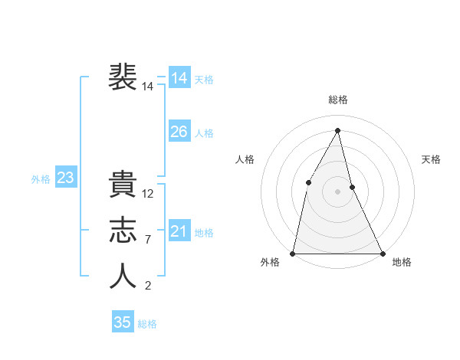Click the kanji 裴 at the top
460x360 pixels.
click(123, 77)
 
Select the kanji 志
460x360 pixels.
click(123, 231)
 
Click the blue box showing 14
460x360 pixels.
click(179, 78)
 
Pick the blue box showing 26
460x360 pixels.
click(179, 132)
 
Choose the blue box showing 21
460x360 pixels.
click(179, 231)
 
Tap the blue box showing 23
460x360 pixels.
click(66, 178)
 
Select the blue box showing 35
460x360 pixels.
click(123, 322)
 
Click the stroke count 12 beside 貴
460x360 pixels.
click(149, 194)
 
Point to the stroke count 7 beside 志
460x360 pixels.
click(147, 240)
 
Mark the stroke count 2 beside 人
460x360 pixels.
click(147, 286)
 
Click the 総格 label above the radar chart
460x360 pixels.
click(338, 100)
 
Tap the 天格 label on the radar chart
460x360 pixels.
click(432, 159)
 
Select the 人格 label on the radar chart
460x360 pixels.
click(245, 159)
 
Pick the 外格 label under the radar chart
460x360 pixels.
click(270, 263)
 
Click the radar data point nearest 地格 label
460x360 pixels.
click(382, 253)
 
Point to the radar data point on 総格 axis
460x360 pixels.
click(338, 130)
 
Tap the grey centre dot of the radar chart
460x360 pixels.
click(338, 191)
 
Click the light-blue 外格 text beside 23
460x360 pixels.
click(41, 179)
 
